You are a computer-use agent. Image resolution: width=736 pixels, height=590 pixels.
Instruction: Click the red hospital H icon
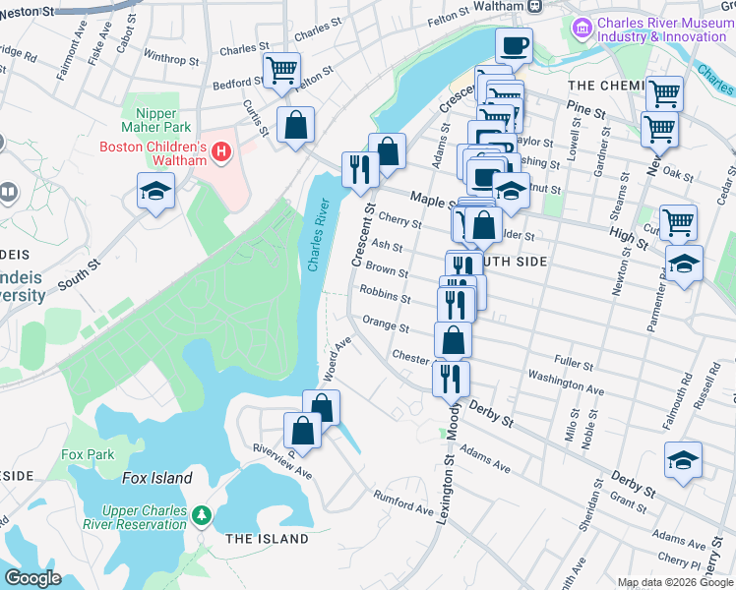[221, 152]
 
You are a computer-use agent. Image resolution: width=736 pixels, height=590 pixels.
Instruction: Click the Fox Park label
[88, 454]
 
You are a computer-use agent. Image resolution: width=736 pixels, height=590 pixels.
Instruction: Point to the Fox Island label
[156, 478]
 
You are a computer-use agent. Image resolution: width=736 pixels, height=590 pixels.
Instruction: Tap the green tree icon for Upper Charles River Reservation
[202, 514]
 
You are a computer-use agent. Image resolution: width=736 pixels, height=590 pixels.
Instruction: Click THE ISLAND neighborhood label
[267, 539]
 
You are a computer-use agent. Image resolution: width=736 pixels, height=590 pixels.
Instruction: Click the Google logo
[33, 577]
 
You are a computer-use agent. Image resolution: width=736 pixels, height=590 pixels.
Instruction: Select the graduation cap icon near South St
[155, 191]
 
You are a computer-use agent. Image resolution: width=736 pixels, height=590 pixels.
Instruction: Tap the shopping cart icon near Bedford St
[281, 70]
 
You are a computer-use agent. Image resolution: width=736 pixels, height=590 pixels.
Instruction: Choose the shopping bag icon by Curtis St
[295, 125]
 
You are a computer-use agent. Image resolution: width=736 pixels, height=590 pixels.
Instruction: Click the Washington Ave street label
[565, 383]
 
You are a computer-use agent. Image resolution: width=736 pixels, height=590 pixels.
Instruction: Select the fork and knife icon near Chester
[451, 377]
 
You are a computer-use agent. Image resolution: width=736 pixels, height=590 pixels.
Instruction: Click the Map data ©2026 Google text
[674, 582]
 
